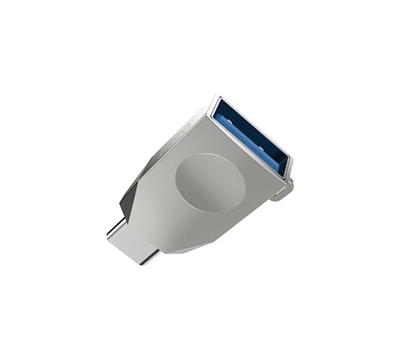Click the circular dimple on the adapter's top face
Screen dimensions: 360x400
tap(209, 183)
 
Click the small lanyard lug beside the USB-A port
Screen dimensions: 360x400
tap(286, 191)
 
